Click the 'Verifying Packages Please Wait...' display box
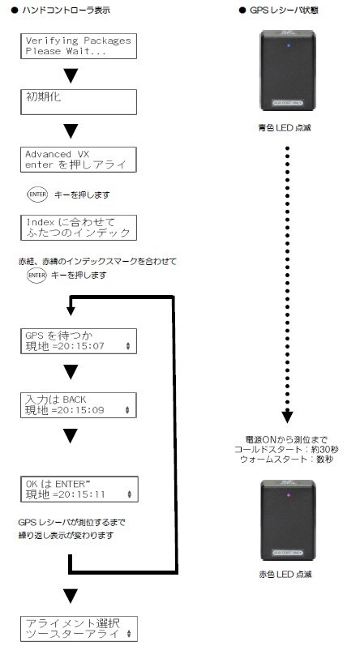[x=77, y=45]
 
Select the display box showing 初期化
[x=77, y=102]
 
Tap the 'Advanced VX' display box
[x=77, y=159]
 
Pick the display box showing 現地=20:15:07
[x=77, y=340]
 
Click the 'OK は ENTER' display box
[x=77, y=487]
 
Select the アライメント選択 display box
[x=77, y=628]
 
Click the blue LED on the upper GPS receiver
[x=291, y=45]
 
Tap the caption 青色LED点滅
[x=290, y=127]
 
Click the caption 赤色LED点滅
[x=290, y=574]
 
